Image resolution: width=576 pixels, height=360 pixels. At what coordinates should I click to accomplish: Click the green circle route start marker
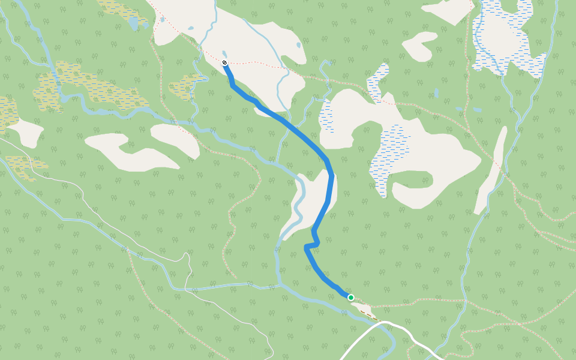(351, 297)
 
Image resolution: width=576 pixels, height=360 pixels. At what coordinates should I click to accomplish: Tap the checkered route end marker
(224, 62)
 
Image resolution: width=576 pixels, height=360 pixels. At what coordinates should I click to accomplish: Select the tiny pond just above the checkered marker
(224, 54)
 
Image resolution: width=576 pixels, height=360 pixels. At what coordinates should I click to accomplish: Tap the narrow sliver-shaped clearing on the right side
(491, 171)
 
